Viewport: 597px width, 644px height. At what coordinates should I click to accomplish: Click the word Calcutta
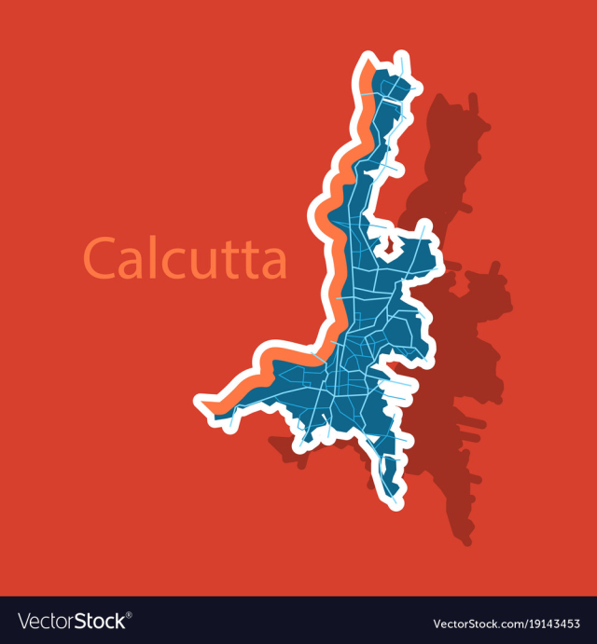pos(185,257)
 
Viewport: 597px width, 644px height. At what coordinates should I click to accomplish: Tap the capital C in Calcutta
pos(102,258)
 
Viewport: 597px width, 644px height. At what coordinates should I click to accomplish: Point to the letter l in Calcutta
pos(155,255)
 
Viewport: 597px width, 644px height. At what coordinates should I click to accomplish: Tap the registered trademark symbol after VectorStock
pos(129,615)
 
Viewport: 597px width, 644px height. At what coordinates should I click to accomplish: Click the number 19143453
pos(546,622)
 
